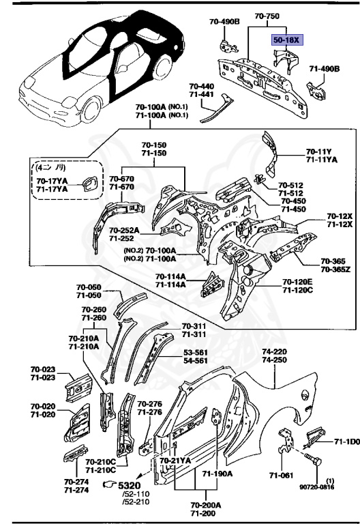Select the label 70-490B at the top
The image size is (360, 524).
[225, 22]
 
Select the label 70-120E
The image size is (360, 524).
[297, 282]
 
